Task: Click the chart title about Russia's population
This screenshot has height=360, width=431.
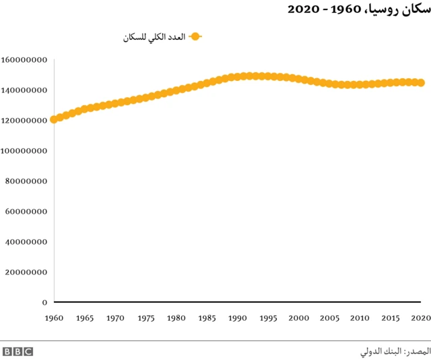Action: tap(359, 9)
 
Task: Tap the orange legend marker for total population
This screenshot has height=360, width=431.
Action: tap(195, 37)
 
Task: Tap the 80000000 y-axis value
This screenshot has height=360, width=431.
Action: tap(26, 181)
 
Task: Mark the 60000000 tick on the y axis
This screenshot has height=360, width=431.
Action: tap(26, 212)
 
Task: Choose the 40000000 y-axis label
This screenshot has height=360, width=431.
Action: tap(26, 242)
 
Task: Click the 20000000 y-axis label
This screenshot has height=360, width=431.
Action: tap(26, 272)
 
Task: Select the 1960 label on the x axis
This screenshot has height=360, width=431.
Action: tap(54, 318)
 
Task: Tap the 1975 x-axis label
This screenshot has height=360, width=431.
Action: tap(145, 318)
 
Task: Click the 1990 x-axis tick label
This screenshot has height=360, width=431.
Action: tap(237, 318)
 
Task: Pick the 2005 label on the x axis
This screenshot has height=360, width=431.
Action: tap(329, 318)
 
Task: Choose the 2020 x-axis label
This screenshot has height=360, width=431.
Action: tap(420, 318)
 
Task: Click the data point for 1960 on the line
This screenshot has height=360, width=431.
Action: tap(54, 119)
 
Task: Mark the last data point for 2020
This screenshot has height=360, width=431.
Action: tap(421, 83)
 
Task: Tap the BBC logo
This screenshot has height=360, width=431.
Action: tap(18, 351)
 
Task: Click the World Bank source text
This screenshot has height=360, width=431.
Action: tap(393, 351)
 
